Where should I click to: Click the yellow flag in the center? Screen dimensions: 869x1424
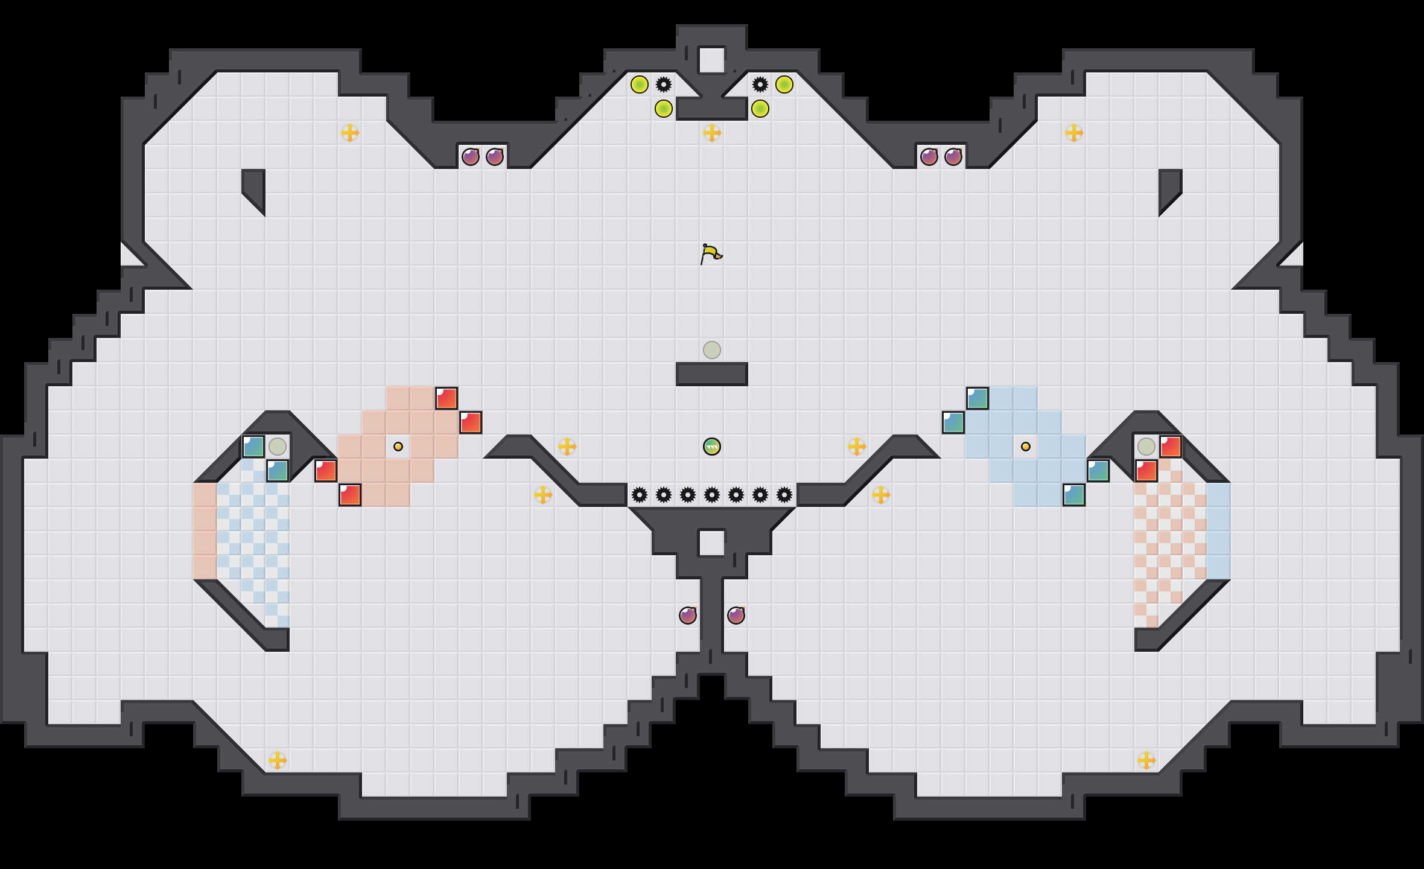[x=711, y=253]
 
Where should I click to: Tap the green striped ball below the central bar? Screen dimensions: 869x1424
[x=712, y=447]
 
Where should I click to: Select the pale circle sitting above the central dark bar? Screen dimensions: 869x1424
[x=712, y=350]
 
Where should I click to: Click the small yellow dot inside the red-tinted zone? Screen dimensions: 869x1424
[x=398, y=447]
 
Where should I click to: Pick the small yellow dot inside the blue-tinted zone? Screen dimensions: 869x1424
[x=1026, y=447]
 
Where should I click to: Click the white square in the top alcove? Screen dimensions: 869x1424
[x=712, y=60]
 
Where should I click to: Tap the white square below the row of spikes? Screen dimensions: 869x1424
[x=712, y=543]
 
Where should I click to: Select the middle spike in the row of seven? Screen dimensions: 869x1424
[x=712, y=495]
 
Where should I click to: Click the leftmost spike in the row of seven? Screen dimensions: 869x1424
[x=640, y=495]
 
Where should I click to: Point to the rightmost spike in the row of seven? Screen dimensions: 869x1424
[x=784, y=495]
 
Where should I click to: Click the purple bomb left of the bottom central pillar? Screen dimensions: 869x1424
[x=688, y=616]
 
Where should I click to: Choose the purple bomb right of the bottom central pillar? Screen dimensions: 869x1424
[x=736, y=616]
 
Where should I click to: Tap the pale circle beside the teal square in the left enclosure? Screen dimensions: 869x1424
[x=278, y=447]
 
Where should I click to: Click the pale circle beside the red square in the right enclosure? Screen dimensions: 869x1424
[x=1146, y=447]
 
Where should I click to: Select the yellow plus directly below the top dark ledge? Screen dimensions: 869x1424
[x=712, y=133]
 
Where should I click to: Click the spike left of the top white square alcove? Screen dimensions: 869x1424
[x=664, y=84]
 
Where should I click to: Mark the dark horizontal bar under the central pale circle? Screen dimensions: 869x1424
[x=712, y=374]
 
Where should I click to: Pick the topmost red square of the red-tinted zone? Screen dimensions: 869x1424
[x=447, y=398]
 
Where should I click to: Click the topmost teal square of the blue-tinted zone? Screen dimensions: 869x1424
[x=977, y=398]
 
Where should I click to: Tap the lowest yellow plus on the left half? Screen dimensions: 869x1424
[x=278, y=760]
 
